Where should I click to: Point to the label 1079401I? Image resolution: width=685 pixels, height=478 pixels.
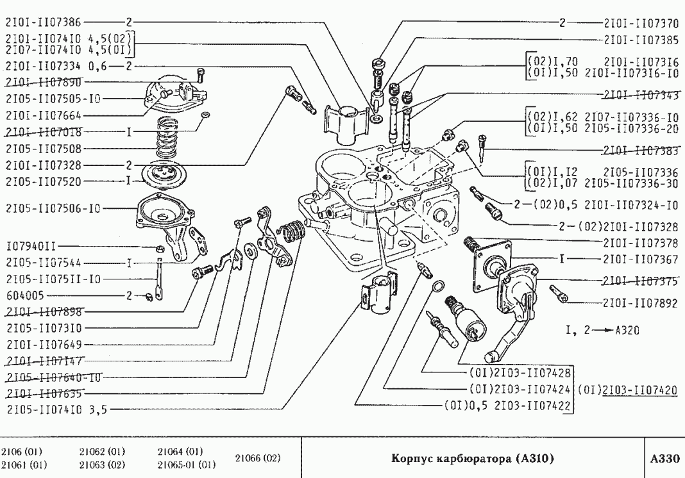click(x=31, y=245)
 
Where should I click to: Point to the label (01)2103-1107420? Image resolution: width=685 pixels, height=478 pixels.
click(x=630, y=388)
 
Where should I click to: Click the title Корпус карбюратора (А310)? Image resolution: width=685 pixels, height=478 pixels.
click(x=472, y=459)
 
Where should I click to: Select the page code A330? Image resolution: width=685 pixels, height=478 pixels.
click(x=664, y=459)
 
